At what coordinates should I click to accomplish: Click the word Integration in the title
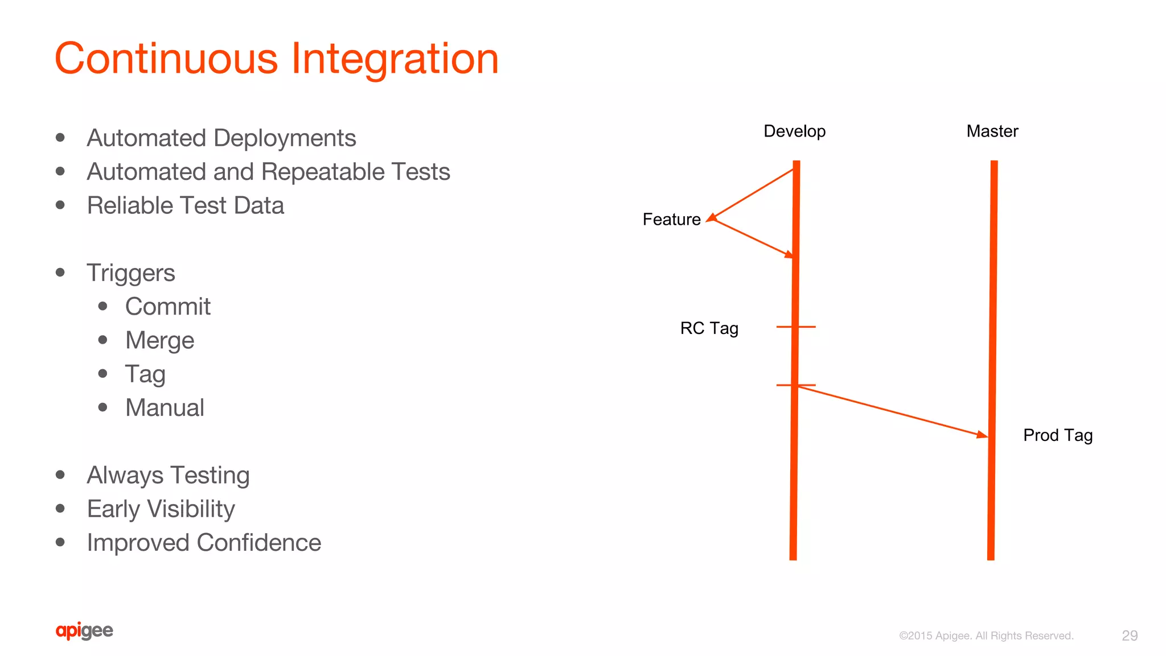pyautogui.click(x=395, y=59)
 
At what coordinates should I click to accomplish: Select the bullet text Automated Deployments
pyautogui.click(x=221, y=138)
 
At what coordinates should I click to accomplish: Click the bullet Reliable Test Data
pyautogui.click(x=185, y=205)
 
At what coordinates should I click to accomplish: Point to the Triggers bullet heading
pyautogui.click(x=130, y=273)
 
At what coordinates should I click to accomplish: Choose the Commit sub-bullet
pyautogui.click(x=167, y=307)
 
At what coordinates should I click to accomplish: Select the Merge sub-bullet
pyautogui.click(x=159, y=340)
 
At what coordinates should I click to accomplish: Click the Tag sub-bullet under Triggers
pyautogui.click(x=145, y=374)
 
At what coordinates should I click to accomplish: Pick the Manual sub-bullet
pyautogui.click(x=165, y=408)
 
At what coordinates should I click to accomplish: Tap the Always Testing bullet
pyautogui.click(x=168, y=475)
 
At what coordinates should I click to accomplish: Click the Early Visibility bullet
pyautogui.click(x=161, y=509)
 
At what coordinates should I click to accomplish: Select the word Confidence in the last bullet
pyautogui.click(x=259, y=543)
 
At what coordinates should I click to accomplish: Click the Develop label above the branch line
pyautogui.click(x=794, y=131)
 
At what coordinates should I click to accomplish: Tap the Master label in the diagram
pyautogui.click(x=992, y=131)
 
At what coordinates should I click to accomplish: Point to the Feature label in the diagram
pyautogui.click(x=671, y=220)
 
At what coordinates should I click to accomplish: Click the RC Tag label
pyautogui.click(x=709, y=328)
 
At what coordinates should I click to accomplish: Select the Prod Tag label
pyautogui.click(x=1057, y=435)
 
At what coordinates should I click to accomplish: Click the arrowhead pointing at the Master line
pyautogui.click(x=982, y=435)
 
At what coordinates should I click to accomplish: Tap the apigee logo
pyautogui.click(x=84, y=630)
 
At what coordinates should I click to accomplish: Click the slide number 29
pyautogui.click(x=1129, y=636)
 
